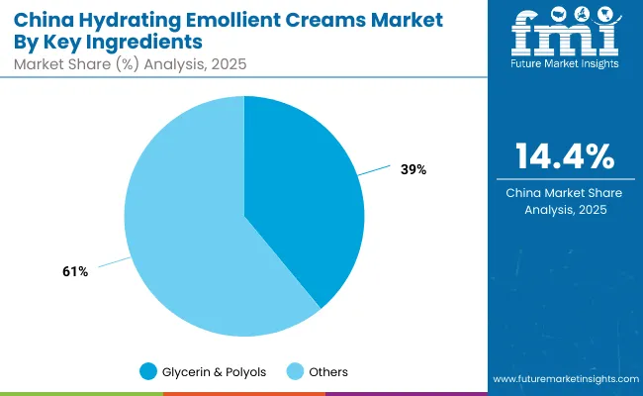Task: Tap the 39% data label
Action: pos(413,169)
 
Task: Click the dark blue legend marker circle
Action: pos(148,372)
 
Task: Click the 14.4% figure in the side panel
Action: pos(564,157)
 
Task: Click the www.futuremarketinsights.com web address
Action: pos(563,379)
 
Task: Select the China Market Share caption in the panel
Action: pos(563,201)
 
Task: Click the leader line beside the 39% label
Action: pos(376,171)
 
